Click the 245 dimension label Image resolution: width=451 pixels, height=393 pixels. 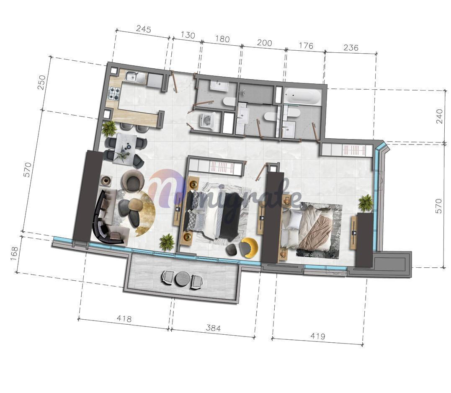144,29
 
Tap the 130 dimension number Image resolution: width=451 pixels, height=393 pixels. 188,35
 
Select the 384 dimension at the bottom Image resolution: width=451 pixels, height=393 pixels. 213,328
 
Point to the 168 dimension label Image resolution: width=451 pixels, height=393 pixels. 14,253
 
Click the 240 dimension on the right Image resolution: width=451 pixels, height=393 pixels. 439,116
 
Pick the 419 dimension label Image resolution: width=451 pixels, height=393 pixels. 317,336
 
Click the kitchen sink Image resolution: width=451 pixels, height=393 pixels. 136,77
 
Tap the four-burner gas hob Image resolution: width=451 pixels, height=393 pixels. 114,93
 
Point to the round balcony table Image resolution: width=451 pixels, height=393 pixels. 181,278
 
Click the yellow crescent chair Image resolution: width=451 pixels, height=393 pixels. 248,246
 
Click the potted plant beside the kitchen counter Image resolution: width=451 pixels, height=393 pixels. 109,128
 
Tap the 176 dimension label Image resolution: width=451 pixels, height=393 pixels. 306,45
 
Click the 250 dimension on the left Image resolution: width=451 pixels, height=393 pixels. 42,82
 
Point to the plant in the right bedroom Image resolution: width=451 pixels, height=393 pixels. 366,202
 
